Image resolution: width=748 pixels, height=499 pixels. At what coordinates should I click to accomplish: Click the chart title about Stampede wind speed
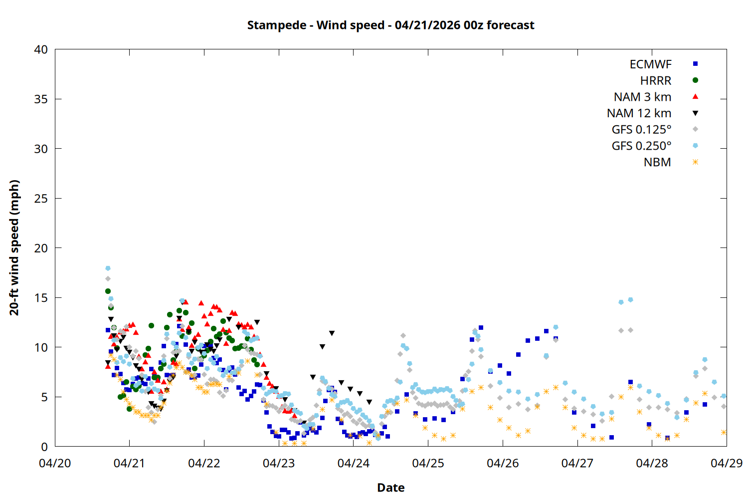(390, 25)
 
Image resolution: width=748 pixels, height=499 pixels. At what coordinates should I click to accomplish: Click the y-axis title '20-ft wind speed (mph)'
(14, 248)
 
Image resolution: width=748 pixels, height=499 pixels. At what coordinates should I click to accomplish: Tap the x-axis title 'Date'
(390, 488)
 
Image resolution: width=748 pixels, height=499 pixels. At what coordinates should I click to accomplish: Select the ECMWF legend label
(650, 64)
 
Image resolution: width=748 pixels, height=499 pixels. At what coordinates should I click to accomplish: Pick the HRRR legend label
(656, 81)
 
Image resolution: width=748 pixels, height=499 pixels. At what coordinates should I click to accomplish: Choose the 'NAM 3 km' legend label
(642, 97)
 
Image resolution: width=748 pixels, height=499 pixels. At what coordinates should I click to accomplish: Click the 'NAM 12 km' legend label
(639, 113)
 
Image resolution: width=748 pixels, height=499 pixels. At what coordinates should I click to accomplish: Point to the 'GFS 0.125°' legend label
(641, 130)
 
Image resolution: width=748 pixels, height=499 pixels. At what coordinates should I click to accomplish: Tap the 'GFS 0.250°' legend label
(641, 146)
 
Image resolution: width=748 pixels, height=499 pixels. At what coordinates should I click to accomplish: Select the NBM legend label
(657, 162)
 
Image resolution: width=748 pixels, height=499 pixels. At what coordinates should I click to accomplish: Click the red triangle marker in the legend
(695, 96)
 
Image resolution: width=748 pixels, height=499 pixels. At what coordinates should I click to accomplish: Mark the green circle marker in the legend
(695, 80)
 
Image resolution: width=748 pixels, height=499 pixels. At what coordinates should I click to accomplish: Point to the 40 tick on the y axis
(41, 49)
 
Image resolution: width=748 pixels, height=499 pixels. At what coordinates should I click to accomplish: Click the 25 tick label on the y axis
(41, 199)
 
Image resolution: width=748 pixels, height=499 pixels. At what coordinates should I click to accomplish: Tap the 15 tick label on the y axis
(41, 298)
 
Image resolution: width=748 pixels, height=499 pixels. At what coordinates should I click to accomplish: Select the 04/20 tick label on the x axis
(55, 463)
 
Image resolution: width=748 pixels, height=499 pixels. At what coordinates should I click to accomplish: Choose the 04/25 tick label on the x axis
(428, 463)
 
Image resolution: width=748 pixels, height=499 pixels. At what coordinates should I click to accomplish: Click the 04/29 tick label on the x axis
(726, 463)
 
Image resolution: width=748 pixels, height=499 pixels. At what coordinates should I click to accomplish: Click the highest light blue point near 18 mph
(108, 268)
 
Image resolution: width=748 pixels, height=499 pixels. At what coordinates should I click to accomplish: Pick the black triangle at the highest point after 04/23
(332, 333)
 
